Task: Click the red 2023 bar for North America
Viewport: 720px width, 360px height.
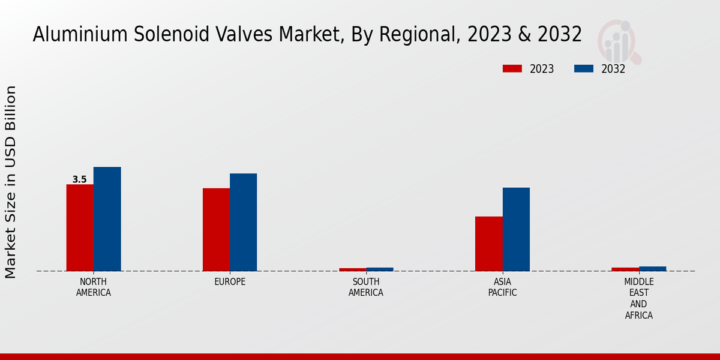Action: (80, 227)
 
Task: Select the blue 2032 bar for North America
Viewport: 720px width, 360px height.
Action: (107, 219)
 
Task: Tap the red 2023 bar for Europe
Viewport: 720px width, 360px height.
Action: (216, 229)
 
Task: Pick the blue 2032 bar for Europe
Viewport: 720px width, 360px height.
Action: (243, 222)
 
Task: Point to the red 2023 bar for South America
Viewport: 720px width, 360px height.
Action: (352, 269)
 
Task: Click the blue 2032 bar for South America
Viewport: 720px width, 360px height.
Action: (380, 269)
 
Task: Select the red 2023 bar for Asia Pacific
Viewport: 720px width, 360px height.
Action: (488, 244)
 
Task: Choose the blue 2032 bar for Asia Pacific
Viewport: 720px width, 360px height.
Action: (516, 229)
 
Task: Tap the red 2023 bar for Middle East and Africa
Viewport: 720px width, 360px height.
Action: (625, 269)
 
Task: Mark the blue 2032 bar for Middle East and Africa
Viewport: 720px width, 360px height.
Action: (652, 269)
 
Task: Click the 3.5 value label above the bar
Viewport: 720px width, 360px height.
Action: (79, 179)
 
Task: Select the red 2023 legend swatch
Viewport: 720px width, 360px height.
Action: (512, 68)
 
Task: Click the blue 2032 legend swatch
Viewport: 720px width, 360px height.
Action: (584, 68)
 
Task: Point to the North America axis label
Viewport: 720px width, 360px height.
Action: (94, 287)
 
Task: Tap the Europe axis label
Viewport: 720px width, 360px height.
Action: (230, 282)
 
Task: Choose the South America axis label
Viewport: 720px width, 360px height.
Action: (366, 287)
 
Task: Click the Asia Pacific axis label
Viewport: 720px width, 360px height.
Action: (502, 287)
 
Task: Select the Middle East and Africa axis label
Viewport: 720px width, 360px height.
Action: (639, 298)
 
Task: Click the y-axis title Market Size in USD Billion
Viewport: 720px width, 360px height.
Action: (11, 182)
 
